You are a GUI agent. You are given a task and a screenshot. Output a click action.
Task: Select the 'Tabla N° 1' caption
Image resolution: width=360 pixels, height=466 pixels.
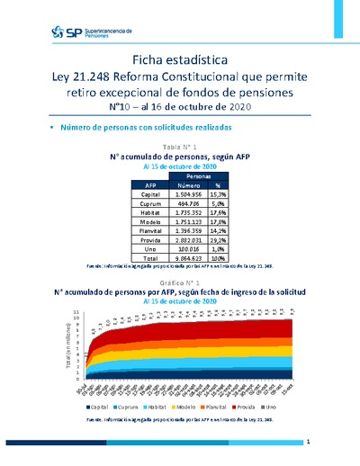180,146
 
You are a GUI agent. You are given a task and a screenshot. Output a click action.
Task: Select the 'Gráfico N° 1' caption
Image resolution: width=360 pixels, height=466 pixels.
180,282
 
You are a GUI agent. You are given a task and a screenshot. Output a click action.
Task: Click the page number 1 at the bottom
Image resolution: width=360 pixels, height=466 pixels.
309,442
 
